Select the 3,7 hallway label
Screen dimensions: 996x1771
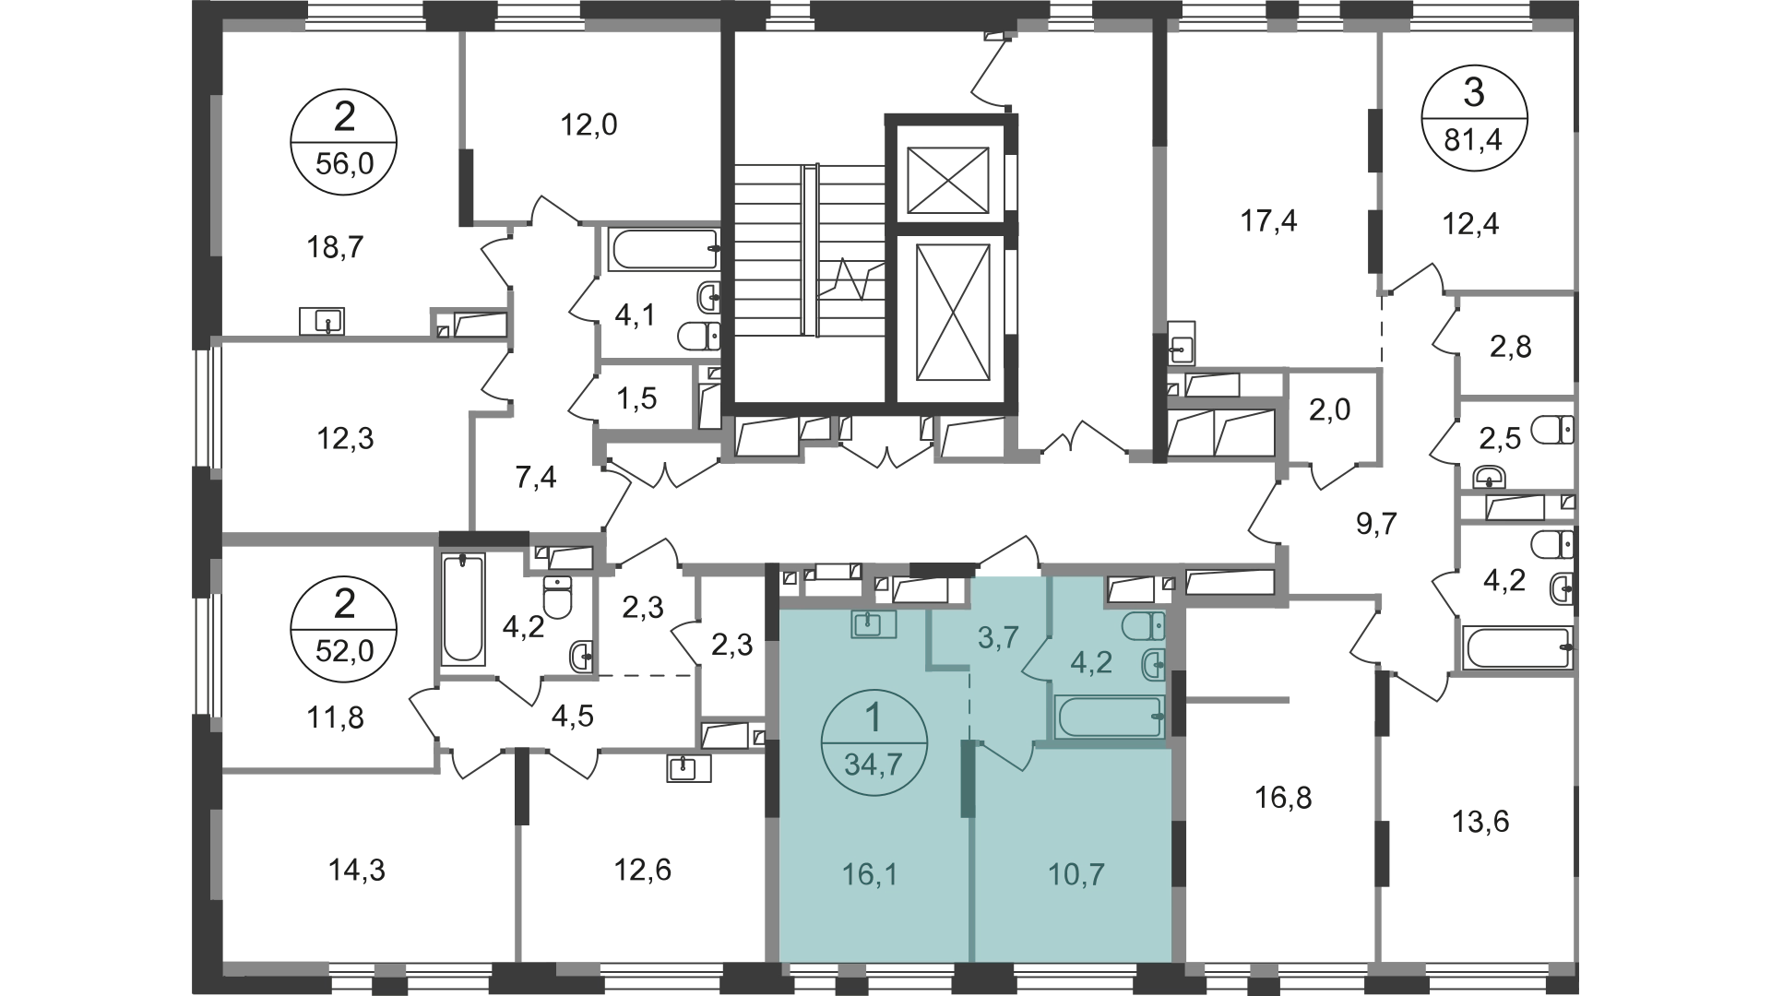coord(997,636)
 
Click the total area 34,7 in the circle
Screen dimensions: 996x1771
coord(873,765)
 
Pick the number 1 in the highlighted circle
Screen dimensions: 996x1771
coord(873,717)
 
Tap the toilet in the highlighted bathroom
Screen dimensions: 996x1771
coord(1144,627)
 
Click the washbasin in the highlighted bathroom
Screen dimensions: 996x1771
coord(1153,663)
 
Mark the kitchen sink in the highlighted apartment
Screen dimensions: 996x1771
coord(873,625)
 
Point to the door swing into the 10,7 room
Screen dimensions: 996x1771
coord(1005,756)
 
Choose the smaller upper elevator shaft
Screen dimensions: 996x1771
coord(950,177)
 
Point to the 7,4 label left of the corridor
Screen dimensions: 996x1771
coord(535,480)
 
